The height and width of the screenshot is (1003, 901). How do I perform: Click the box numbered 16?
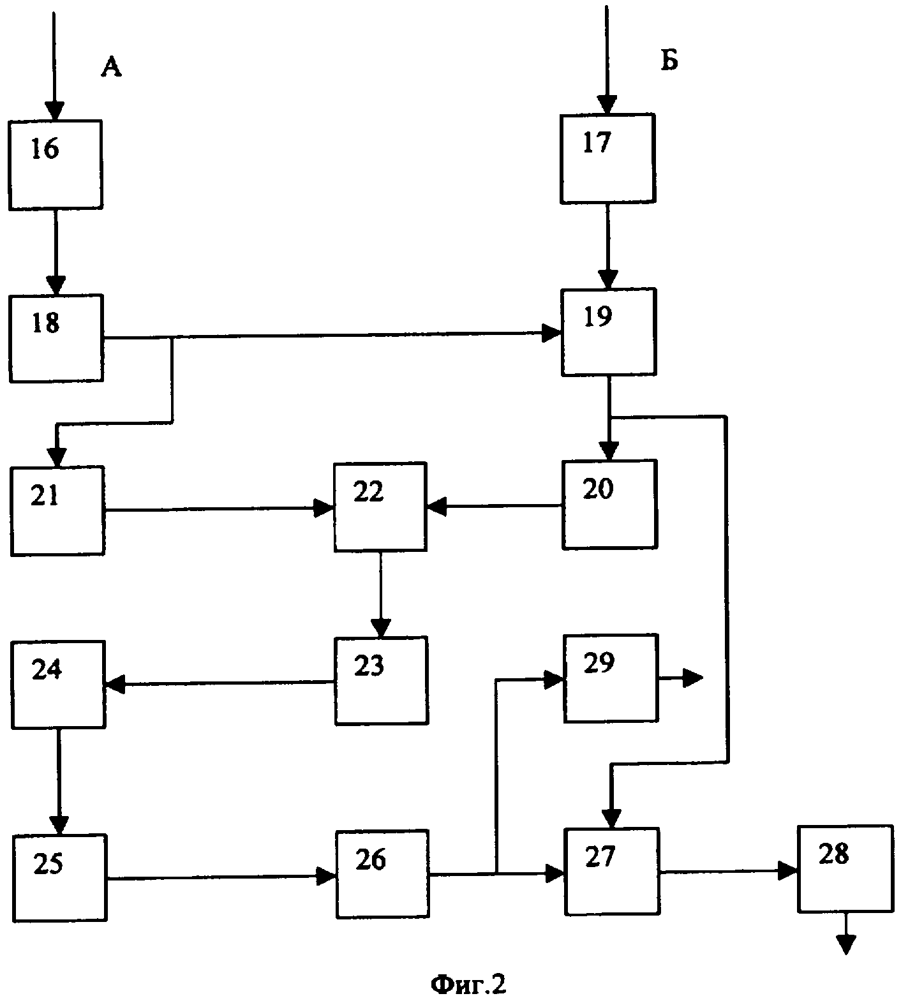click(x=56, y=165)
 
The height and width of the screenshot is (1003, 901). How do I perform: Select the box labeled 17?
click(x=608, y=159)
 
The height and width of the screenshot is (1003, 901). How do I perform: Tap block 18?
click(x=56, y=338)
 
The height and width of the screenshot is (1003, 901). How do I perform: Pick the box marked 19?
click(x=609, y=332)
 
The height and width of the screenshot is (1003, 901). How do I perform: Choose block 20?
click(x=609, y=504)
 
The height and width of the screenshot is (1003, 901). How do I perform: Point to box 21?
click(x=57, y=510)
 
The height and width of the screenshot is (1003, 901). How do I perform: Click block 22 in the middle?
click(x=380, y=507)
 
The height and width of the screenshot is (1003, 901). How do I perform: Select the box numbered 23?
click(x=382, y=680)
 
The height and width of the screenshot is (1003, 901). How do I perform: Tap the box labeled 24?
click(x=58, y=685)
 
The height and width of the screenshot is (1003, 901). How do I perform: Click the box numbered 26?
click(x=382, y=873)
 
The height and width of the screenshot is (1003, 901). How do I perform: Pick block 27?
click(x=612, y=871)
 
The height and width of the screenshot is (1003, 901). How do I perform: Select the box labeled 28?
click(x=845, y=868)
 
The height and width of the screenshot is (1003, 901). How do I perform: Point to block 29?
click(x=611, y=678)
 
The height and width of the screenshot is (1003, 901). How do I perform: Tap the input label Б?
click(x=669, y=61)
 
